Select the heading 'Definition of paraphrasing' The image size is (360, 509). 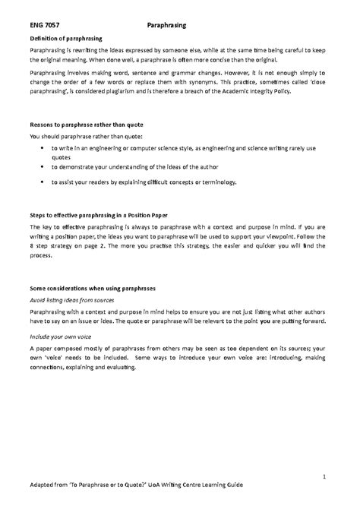[x=65, y=36]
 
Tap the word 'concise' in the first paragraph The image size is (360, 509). [x=253, y=59]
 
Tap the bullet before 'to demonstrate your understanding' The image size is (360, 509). [x=39, y=167]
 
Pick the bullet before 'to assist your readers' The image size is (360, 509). [x=39, y=183]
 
